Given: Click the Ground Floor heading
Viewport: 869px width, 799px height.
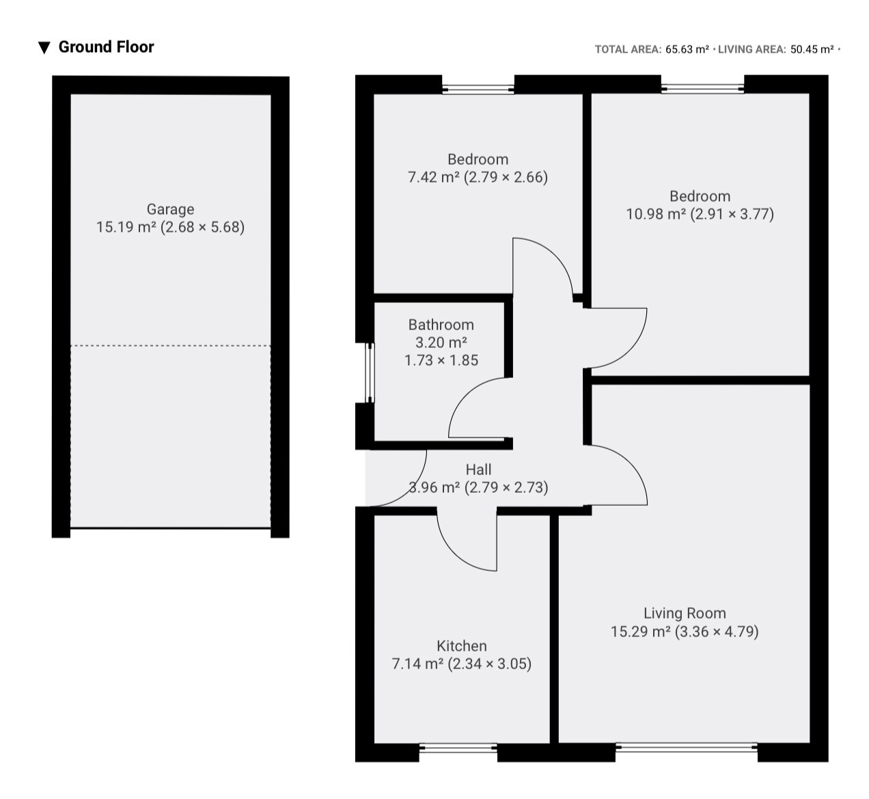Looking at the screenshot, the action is click(x=106, y=47).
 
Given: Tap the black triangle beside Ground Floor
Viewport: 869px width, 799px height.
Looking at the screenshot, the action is click(x=44, y=48).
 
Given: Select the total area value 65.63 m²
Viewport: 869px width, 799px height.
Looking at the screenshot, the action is click(x=687, y=49).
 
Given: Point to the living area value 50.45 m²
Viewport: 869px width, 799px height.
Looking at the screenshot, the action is click(x=812, y=49).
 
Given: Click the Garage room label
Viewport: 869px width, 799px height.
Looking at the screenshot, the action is click(x=170, y=209).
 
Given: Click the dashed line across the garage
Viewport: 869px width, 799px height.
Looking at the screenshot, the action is click(x=171, y=346).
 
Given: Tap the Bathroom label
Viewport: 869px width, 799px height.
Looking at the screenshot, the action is click(x=441, y=325).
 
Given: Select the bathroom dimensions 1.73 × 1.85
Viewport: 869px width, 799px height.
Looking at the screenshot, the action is click(x=441, y=360).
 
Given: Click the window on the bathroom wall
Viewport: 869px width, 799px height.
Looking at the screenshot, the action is click(x=369, y=373).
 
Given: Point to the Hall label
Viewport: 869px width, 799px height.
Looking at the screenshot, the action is click(x=478, y=470).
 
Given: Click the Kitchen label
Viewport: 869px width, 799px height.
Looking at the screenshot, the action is click(x=461, y=646).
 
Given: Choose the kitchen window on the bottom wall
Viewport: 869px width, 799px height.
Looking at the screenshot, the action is click(x=458, y=748).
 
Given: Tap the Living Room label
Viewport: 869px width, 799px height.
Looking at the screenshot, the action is click(x=685, y=613).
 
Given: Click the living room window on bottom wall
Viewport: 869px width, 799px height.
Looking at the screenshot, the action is click(x=686, y=748).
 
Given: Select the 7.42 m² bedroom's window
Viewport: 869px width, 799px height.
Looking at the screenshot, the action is click(x=478, y=89).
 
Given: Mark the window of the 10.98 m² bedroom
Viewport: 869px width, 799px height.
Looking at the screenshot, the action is click(x=702, y=88).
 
